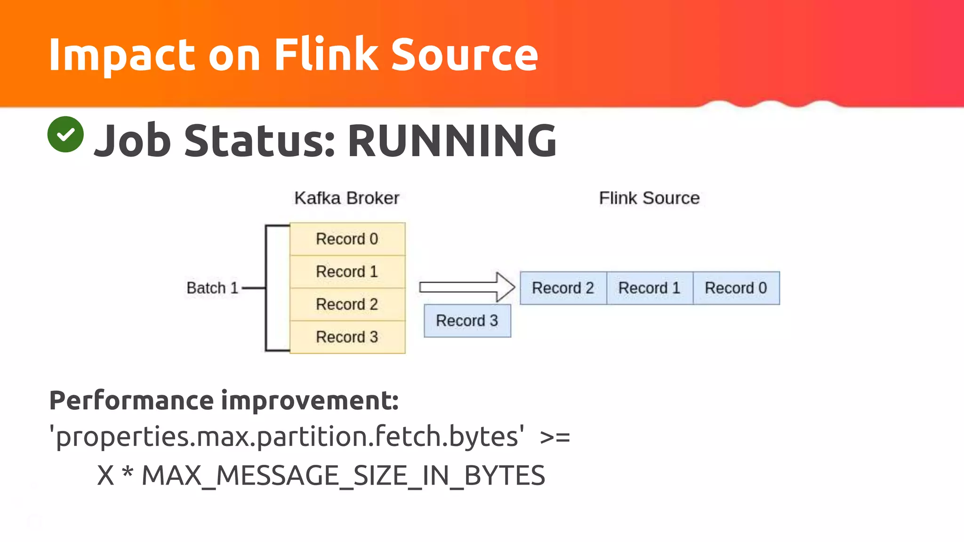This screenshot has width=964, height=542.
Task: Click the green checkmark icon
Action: point(65,135)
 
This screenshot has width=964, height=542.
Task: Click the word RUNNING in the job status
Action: point(452,141)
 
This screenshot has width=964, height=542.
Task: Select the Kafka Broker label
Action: point(346,198)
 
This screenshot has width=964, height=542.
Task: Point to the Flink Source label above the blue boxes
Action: point(649,198)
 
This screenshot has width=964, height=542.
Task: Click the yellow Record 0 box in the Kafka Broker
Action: point(347,239)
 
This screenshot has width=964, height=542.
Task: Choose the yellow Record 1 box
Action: point(347,271)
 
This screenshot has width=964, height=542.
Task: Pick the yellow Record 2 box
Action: point(347,304)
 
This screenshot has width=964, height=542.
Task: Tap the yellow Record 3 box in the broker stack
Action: point(347,337)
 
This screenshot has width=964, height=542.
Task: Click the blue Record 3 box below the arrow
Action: point(467,321)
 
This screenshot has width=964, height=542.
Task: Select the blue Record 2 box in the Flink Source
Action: point(563,288)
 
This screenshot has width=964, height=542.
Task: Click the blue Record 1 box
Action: point(650,288)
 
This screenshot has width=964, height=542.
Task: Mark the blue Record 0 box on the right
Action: point(736,288)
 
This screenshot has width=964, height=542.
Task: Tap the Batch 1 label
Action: point(212,288)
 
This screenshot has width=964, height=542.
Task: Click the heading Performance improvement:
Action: point(224,400)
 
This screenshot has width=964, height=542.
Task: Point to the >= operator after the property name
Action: point(555,437)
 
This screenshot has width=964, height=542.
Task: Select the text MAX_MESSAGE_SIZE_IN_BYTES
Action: point(343,475)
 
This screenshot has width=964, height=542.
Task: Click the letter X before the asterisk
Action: point(105,475)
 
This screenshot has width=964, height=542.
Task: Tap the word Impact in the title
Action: point(122,56)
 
